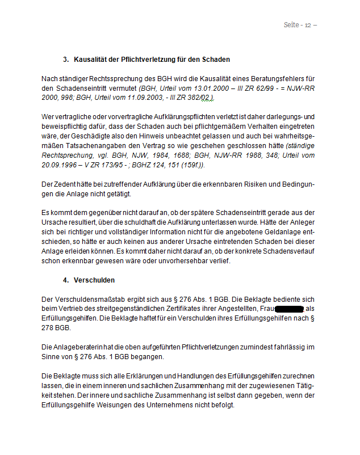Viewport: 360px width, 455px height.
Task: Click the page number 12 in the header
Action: point(308,25)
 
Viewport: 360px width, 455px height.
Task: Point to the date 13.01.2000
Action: point(195,89)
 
